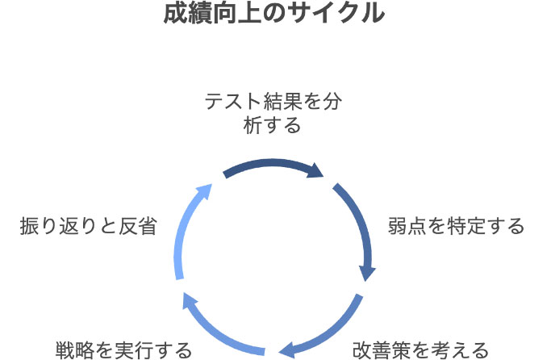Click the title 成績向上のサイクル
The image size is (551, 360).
(x=274, y=15)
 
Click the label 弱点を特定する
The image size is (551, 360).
(x=457, y=226)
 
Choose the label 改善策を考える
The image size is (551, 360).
(x=421, y=350)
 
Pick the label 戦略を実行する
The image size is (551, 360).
(x=123, y=350)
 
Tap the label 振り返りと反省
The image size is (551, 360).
(x=88, y=226)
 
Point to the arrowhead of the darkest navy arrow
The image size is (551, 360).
(x=316, y=172)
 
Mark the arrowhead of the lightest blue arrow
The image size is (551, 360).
(x=204, y=191)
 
